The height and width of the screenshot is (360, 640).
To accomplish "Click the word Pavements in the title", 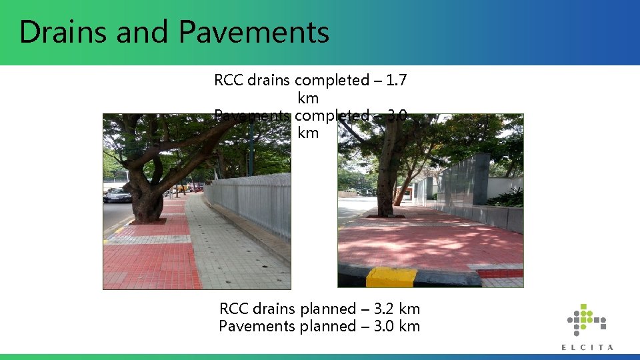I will coord(254,32).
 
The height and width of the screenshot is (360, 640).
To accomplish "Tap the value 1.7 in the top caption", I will coord(397,81).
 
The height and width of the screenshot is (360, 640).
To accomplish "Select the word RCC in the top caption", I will coord(229,81).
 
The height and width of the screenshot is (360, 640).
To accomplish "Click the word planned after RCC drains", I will coord(328,309).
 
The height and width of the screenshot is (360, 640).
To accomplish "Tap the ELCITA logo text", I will coord(587,347).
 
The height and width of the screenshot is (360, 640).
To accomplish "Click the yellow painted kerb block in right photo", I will coord(391,277).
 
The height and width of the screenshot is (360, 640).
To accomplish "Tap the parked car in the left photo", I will coord(118,195).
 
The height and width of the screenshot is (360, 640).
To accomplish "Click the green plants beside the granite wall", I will coord(510,197).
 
